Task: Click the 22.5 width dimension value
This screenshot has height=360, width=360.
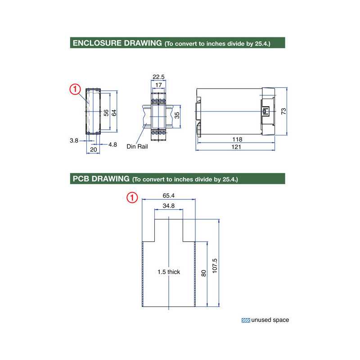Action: pyautogui.click(x=158, y=77)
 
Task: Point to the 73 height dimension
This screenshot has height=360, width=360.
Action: pyautogui.click(x=283, y=111)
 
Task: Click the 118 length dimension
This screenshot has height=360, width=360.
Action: pyautogui.click(x=237, y=139)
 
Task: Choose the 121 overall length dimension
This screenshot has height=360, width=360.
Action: pyautogui.click(x=237, y=147)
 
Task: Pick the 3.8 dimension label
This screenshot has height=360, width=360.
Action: pyautogui.click(x=74, y=140)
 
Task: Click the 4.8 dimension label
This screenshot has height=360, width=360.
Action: pyautogui.click(x=112, y=144)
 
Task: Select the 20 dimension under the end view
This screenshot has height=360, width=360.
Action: pyautogui.click(x=94, y=149)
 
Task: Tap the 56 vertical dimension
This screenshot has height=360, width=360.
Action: pyautogui.click(x=106, y=112)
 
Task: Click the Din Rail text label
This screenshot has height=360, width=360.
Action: pyautogui.click(x=137, y=146)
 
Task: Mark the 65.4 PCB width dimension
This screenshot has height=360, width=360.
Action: pyautogui.click(x=169, y=196)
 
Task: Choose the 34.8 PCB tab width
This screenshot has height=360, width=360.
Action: pyautogui.click(x=169, y=206)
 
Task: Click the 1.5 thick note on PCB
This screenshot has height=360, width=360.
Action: pyautogui.click(x=169, y=272)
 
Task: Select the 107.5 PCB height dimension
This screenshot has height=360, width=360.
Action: pyautogui.click(x=215, y=266)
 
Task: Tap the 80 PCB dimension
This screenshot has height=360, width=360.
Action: pyautogui.click(x=204, y=273)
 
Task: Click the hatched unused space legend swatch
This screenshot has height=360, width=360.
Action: pyautogui.click(x=246, y=320)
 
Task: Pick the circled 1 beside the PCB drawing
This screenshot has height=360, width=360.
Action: pyautogui.click(x=132, y=198)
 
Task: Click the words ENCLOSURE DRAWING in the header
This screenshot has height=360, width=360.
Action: pyautogui.click(x=117, y=43)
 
